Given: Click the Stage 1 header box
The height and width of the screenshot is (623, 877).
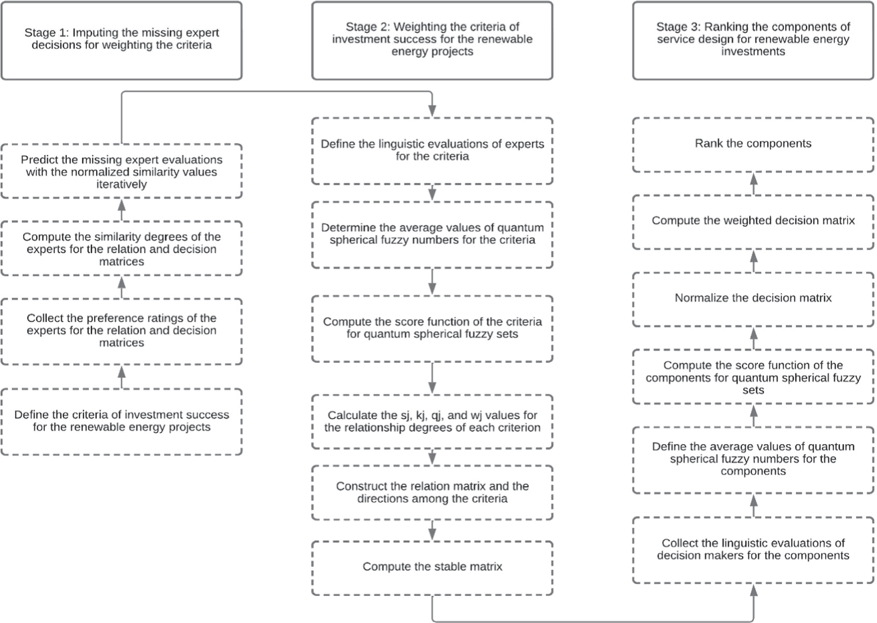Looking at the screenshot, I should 121,40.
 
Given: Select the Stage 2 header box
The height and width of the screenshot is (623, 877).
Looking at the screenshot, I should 432,40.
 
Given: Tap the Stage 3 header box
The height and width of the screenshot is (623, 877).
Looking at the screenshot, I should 753,40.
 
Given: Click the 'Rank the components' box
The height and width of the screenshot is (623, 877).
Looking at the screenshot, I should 753,144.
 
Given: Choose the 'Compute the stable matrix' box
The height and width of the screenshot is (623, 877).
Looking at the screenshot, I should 432,567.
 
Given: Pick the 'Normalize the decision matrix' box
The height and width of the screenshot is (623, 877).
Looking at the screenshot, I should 753,299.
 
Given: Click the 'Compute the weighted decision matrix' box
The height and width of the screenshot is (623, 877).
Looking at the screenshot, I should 753,221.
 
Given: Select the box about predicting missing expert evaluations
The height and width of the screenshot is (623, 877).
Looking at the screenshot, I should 121,171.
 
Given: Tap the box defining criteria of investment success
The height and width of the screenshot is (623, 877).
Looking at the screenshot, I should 121,421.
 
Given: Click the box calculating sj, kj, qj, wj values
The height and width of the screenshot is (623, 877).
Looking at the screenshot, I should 432,421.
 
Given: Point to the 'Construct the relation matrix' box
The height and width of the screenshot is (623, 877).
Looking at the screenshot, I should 432,492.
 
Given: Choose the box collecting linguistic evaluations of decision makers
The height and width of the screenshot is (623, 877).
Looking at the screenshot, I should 753,549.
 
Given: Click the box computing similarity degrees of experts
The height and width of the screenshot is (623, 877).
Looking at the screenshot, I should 121,249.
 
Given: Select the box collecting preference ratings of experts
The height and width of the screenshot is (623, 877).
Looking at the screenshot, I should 121,331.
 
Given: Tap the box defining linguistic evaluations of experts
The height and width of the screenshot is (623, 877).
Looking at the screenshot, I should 432,151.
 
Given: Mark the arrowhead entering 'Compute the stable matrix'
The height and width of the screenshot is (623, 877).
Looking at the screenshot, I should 432,534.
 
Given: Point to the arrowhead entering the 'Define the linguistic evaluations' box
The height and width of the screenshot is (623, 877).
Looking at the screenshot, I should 432,111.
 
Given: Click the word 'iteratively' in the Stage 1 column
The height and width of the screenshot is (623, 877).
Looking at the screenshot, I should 121,184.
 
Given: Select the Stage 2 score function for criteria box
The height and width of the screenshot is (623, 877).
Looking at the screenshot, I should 432,328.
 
